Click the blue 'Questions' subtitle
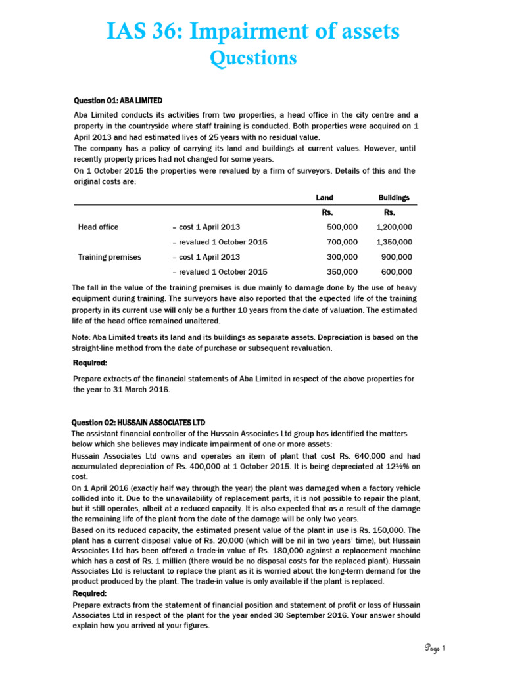(x=252, y=58)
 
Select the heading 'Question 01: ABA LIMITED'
(x=118, y=100)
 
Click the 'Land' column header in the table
(x=324, y=197)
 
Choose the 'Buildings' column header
(x=394, y=197)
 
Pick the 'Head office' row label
(x=98, y=227)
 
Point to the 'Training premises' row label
(x=109, y=257)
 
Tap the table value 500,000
(x=342, y=227)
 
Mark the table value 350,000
(x=342, y=271)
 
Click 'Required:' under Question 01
(x=89, y=363)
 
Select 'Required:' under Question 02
(x=89, y=593)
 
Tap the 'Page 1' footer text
(x=435, y=649)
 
